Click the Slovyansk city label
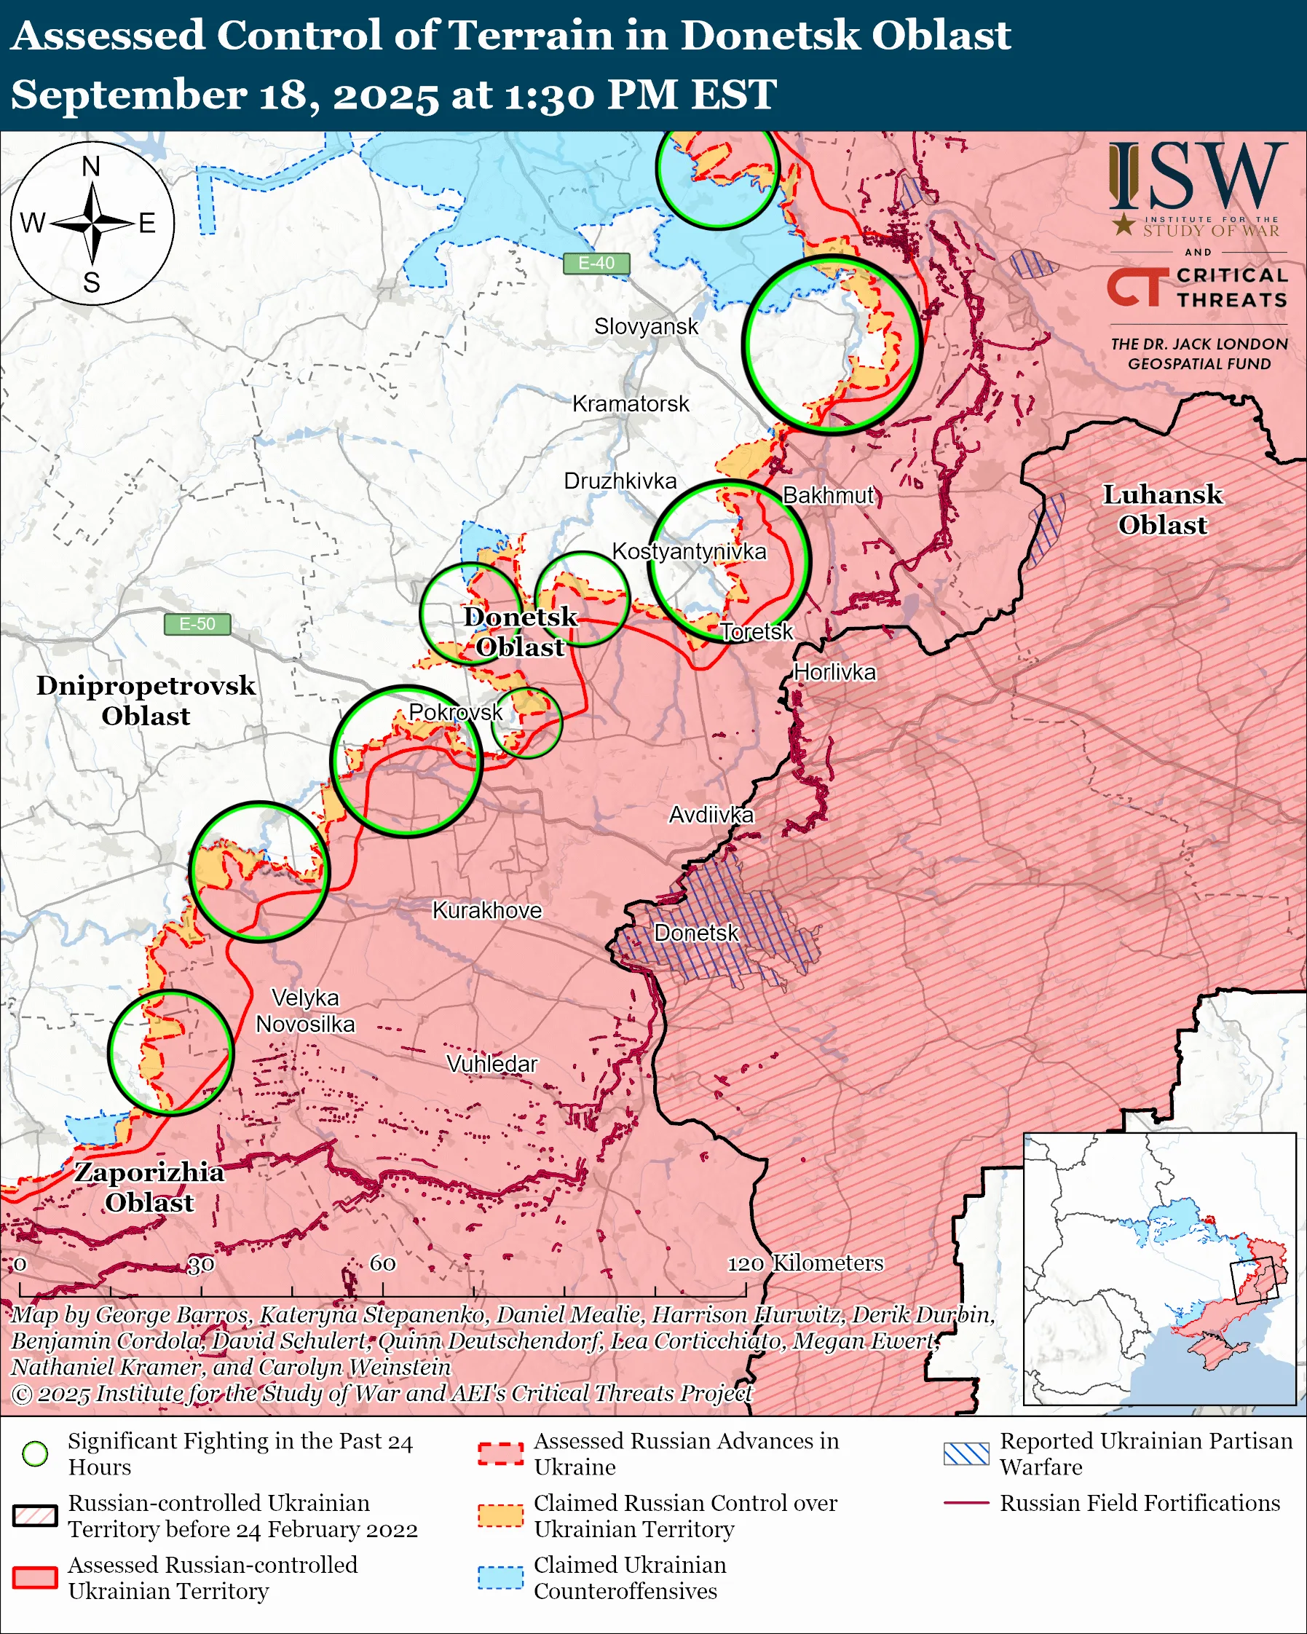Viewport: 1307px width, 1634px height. click(646, 327)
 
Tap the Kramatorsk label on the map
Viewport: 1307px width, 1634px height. click(631, 404)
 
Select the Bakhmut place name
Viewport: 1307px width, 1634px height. click(828, 496)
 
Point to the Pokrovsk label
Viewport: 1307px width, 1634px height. click(455, 711)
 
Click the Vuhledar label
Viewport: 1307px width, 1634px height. click(491, 1064)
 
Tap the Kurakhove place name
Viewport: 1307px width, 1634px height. click(487, 910)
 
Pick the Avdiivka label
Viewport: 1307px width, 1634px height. click(711, 815)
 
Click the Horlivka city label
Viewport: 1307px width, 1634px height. click(834, 672)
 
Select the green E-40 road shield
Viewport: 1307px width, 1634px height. click(596, 263)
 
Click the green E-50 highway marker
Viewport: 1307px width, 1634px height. click(197, 624)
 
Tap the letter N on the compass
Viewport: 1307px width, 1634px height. click(91, 166)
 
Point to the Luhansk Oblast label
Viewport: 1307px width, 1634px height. click(1162, 509)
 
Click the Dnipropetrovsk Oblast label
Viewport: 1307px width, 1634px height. click(146, 700)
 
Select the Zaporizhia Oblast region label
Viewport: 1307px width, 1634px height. click(149, 1187)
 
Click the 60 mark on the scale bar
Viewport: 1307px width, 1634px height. click(382, 1263)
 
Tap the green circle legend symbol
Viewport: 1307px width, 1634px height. click(35, 1453)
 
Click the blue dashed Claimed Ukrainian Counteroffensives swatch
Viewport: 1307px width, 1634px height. click(500, 1577)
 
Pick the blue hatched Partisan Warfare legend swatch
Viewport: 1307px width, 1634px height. click(966, 1453)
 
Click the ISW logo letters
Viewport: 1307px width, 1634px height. click(1197, 175)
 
